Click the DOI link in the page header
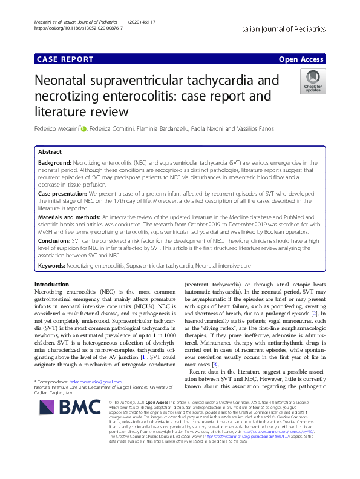[x=78, y=28]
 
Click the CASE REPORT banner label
[x=65, y=59]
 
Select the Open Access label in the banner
[x=301, y=59]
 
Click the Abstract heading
[x=50, y=151]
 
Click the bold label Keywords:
[x=51, y=265]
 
